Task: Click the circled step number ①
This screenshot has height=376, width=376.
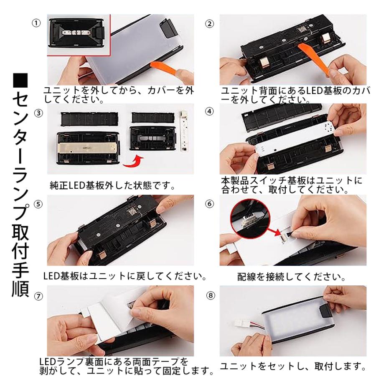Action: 36,23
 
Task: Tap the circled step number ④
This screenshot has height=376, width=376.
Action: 210,111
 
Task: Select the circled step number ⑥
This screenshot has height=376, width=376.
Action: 210,204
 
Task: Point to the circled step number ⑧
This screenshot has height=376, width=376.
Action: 211,295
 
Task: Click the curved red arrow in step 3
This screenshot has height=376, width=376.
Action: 133,162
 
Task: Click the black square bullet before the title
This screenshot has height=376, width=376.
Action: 20,80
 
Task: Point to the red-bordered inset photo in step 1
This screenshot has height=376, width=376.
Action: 79,35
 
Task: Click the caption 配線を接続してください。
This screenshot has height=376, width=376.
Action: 291,277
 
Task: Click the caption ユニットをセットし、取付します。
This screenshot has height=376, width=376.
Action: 293,366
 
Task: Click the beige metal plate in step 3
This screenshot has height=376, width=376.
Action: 88,148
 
